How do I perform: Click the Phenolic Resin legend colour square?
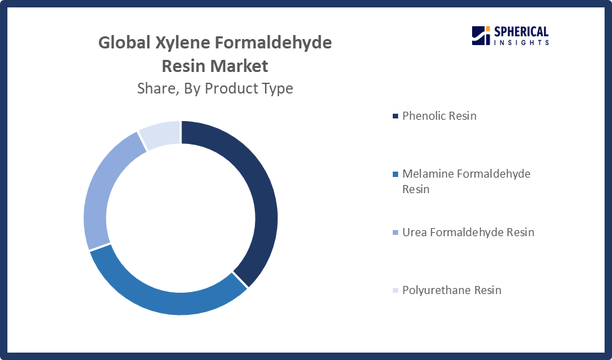tap(395, 116)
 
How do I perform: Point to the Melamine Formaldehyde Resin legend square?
tap(395, 174)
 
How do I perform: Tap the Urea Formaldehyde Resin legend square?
tap(395, 233)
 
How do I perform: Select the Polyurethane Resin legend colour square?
tap(395, 291)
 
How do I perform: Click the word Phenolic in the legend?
tap(424, 116)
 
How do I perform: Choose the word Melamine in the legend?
tap(427, 174)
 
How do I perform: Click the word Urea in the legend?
tap(414, 232)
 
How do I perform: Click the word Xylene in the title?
tap(183, 43)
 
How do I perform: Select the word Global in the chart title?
tap(124, 42)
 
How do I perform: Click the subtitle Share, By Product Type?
tap(215, 89)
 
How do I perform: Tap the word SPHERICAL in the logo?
tap(521, 32)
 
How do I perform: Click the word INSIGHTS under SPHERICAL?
tap(521, 42)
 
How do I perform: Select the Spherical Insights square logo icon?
tap(481, 36)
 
